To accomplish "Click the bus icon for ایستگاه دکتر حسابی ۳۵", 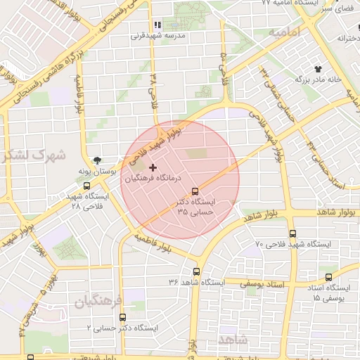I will (195, 191).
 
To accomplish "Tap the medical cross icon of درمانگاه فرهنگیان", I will (153, 167).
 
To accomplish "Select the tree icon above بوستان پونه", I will (96, 160).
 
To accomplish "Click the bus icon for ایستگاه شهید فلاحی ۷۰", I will (292, 233).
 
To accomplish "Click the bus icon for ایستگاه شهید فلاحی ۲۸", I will (86, 186).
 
